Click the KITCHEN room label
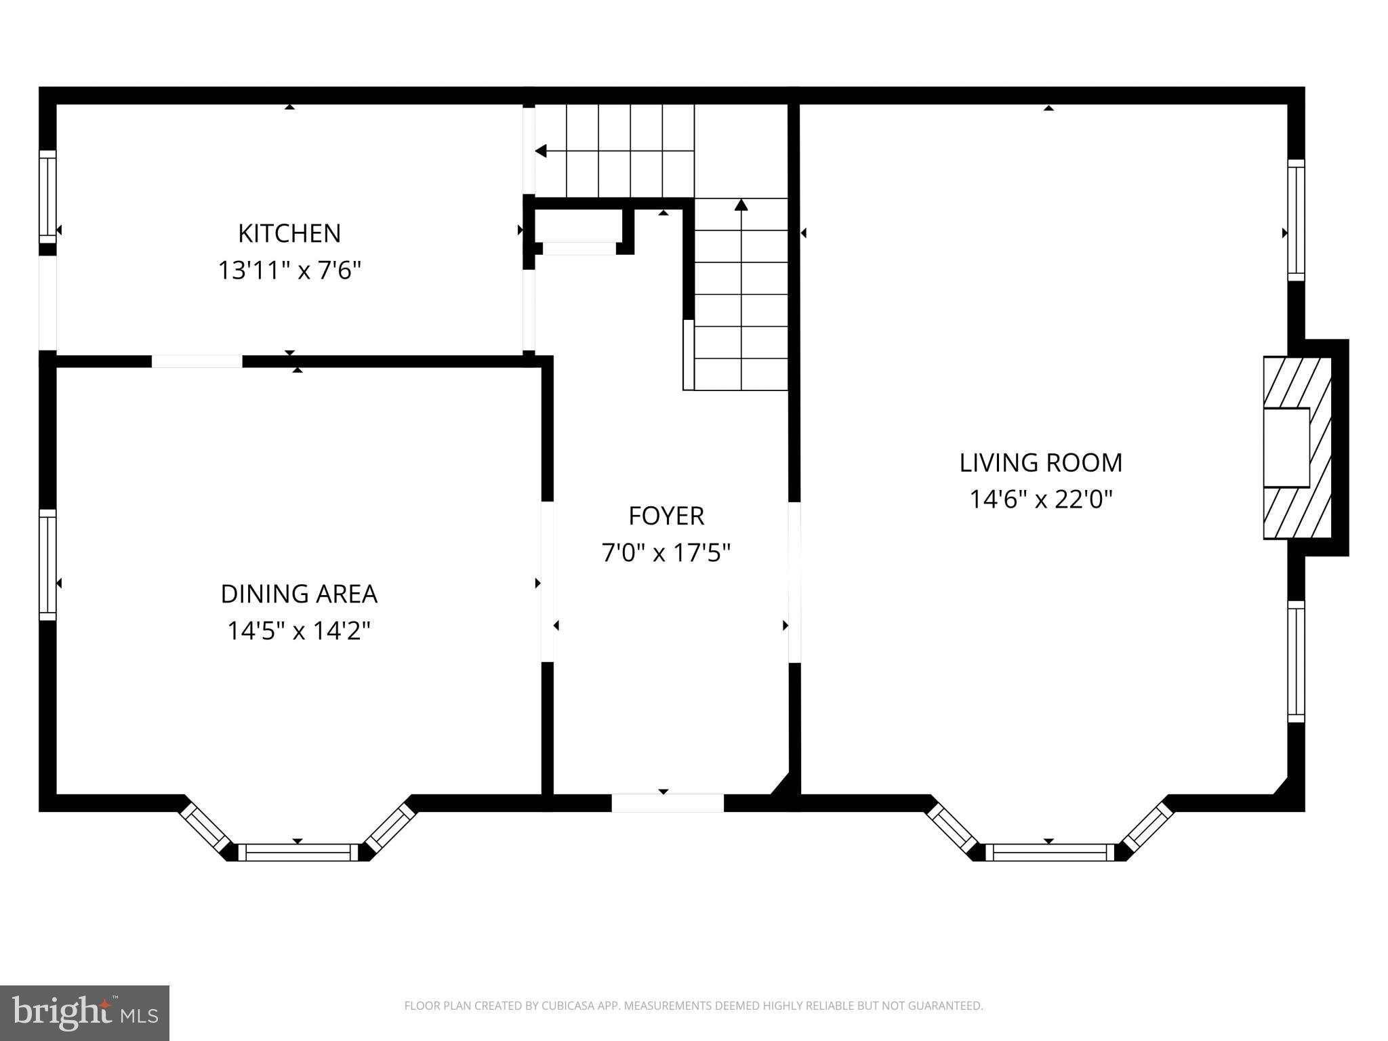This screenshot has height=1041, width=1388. coord(289,234)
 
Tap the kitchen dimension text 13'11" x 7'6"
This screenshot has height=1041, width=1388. coord(289,271)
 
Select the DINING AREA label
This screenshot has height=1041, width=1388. coord(299,594)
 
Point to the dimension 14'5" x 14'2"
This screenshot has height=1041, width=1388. coord(299,632)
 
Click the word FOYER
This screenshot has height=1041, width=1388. coord(666,516)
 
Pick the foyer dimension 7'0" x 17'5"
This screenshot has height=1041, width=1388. coord(666,554)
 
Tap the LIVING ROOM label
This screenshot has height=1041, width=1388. coord(1041,463)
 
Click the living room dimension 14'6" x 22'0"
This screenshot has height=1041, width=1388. coord(1041,500)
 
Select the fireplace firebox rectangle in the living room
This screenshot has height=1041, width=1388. coord(1286,447)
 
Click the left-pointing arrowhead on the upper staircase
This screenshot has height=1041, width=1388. coord(541,151)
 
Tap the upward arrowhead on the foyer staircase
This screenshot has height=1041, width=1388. coord(741,205)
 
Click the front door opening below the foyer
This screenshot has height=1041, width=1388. coord(668,802)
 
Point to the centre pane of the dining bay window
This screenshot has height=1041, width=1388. coord(298,852)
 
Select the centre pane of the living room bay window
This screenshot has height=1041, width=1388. coord(1049,852)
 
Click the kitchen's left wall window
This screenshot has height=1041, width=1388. coord(47,197)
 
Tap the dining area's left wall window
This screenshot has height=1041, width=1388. coord(47,565)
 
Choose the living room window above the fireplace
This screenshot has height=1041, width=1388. coord(1296,220)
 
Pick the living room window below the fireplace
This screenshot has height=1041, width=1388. coord(1296,661)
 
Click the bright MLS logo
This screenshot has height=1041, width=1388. coord(85,1013)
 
